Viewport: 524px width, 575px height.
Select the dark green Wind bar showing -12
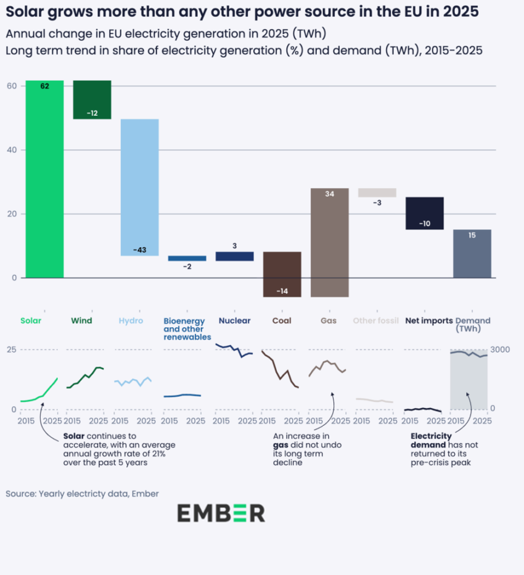click(x=92, y=99)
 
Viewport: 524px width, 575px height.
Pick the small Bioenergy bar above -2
click(x=187, y=258)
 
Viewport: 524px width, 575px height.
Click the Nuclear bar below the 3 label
click(x=234, y=256)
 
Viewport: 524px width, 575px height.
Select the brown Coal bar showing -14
click(x=282, y=274)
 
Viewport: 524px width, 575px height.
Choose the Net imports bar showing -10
click(x=424, y=213)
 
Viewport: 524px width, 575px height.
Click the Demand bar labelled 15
click(x=472, y=253)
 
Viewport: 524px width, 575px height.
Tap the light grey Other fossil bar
click(x=377, y=192)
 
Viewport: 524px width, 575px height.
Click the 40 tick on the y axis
click(x=12, y=150)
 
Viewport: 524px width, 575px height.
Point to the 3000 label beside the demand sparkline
click(x=500, y=349)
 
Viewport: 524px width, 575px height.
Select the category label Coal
click(x=282, y=321)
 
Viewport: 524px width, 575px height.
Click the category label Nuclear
click(x=234, y=321)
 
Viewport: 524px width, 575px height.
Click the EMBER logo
click(x=221, y=513)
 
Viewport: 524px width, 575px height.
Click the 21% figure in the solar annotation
click(x=158, y=453)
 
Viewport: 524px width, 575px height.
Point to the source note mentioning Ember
click(x=82, y=493)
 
